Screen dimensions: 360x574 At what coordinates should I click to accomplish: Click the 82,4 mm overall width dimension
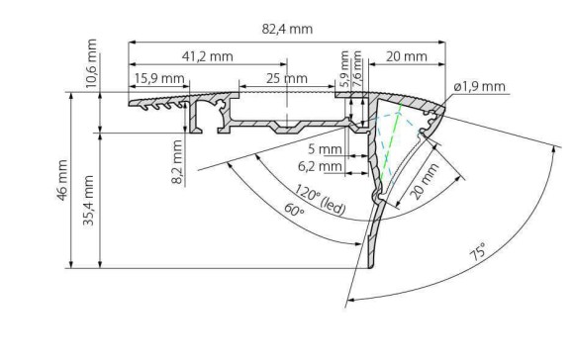287,29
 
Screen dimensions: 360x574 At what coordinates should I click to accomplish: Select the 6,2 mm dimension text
325,167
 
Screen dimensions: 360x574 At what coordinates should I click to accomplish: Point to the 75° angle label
480,251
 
